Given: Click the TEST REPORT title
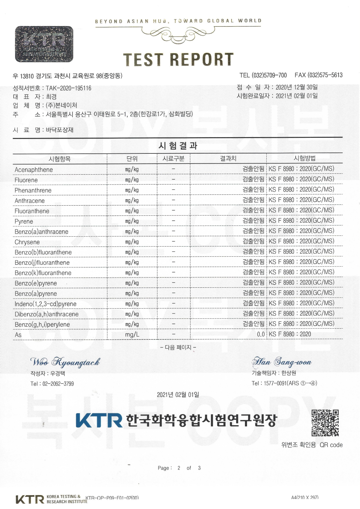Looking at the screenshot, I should coord(178,59).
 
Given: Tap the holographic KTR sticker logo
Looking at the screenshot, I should coord(44,44).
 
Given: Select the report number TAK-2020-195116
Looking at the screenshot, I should coord(68,88).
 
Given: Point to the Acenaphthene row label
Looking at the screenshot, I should coord(34,170).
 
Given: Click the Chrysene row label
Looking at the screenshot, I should coord(27,242).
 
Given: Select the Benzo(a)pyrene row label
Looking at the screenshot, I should coord(36,294).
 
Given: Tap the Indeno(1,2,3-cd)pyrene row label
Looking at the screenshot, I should coord(46,304).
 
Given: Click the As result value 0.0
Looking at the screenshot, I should coord(261,334).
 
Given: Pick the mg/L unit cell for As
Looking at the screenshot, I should coord(132,335).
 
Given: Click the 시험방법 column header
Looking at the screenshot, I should coord(304,158).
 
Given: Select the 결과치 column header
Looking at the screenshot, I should coord(228,158).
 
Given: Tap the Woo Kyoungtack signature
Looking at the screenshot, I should coord(65,362).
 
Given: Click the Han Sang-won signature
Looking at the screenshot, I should coord(282,362).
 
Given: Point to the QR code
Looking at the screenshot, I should coord(325,423).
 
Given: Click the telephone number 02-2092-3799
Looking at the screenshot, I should coord(58,384).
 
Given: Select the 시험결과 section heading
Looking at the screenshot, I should coord(178,146).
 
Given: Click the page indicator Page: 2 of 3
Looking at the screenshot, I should coord(179,468).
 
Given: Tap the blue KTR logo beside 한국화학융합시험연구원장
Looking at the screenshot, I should coord(99,420).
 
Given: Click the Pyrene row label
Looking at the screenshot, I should coord(24,222).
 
